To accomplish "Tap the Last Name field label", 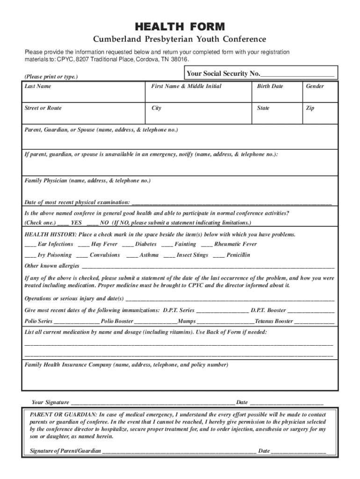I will pyautogui.click(x=38, y=86).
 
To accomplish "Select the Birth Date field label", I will pyautogui.click(x=270, y=86).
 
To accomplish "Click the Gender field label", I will pyautogui.click(x=315, y=86).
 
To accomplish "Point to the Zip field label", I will pyautogui.click(x=310, y=108).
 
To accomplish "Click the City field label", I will pyautogui.click(x=156, y=108).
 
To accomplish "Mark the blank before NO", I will pyautogui.click(x=92, y=223).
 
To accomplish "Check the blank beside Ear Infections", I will pyautogui.click(x=30, y=245).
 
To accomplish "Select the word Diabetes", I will pyautogui.click(x=146, y=244).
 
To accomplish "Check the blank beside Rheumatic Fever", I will pyautogui.click(x=207, y=245).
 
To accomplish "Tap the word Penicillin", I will pyautogui.click(x=238, y=255).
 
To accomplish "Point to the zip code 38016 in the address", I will pyautogui.click(x=180, y=60).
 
